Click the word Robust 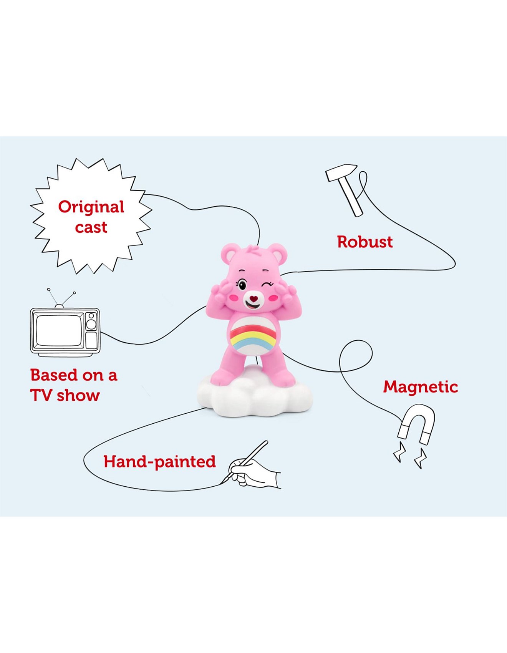(x=365, y=242)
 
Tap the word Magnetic (x=420, y=387)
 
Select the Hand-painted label (x=159, y=462)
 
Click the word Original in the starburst (x=91, y=207)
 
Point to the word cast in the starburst (x=91, y=227)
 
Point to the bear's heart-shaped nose (x=253, y=298)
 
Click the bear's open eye (x=242, y=285)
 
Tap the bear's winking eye (x=267, y=285)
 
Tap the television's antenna (x=60, y=298)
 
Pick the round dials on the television (x=91, y=321)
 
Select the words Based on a (x=73, y=375)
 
